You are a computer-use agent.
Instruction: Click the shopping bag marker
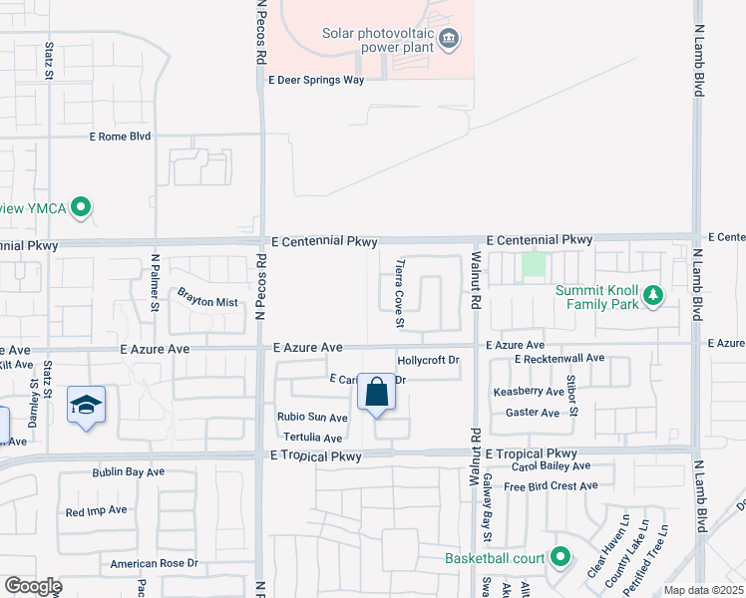click(377, 392)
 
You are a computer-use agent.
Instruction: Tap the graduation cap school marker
click(87, 405)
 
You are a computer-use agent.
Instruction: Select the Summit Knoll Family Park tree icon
click(653, 295)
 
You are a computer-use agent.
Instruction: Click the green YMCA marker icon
click(83, 208)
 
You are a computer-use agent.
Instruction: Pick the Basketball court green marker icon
click(560, 557)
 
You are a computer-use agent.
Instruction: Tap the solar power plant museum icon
click(449, 39)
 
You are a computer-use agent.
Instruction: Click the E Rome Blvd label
click(120, 136)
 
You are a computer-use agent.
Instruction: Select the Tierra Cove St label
click(400, 294)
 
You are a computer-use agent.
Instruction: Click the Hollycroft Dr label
click(428, 360)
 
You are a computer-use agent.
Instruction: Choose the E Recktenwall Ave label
click(559, 358)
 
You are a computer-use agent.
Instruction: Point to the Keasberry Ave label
click(527, 392)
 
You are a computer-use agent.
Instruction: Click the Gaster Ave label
click(533, 412)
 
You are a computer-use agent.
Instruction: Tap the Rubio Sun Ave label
click(312, 417)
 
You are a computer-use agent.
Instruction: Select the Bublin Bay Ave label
click(127, 472)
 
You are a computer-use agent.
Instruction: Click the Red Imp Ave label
click(96, 510)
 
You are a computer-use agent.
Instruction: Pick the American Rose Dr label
click(155, 563)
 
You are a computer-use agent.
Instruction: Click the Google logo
click(33, 586)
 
